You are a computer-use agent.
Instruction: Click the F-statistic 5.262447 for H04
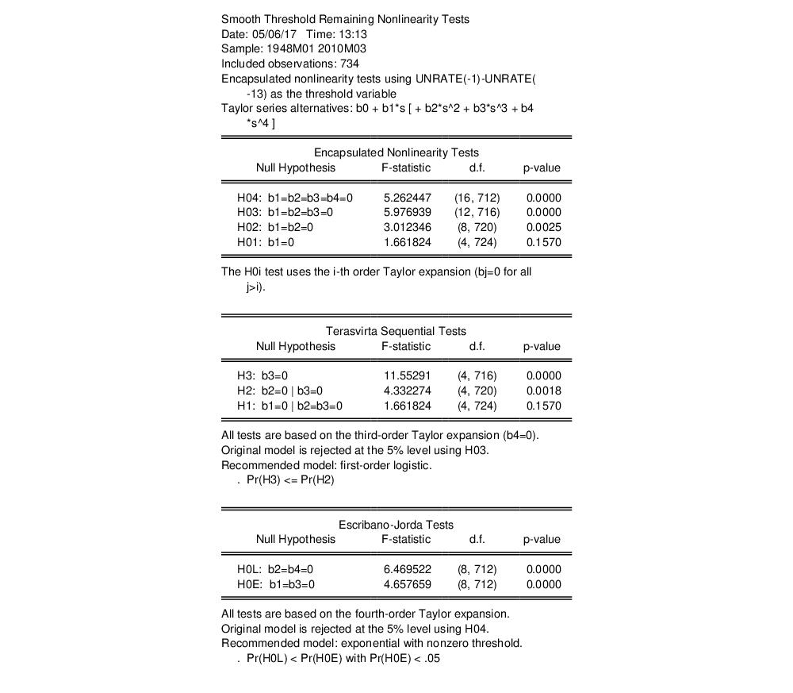click(x=407, y=198)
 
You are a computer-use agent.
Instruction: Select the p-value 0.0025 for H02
click(x=543, y=228)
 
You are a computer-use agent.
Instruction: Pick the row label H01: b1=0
click(x=266, y=243)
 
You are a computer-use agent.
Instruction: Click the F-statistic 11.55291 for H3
click(x=407, y=375)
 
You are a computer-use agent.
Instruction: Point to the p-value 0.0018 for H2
click(x=543, y=391)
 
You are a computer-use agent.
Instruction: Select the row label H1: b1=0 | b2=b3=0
click(x=289, y=406)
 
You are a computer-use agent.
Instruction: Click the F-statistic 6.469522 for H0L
click(x=407, y=569)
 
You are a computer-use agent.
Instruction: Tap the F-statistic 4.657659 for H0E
click(x=407, y=584)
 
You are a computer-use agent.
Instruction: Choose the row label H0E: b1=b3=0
click(x=276, y=584)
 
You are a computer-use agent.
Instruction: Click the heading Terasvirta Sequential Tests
click(x=396, y=331)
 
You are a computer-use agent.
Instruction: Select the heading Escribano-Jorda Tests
click(x=396, y=525)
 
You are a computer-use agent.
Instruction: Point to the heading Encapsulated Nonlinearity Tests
click(x=396, y=152)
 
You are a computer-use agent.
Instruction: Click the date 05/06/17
click(x=274, y=34)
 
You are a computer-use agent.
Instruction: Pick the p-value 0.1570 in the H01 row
click(x=543, y=243)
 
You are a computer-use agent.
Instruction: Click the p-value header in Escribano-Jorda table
click(x=542, y=540)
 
